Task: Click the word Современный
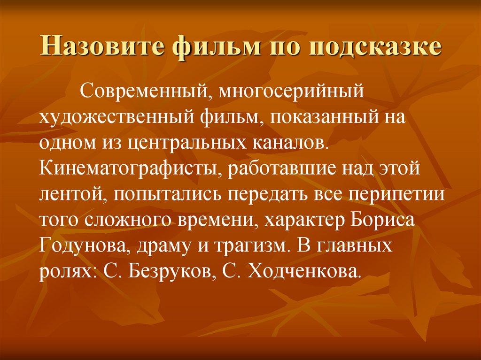point(141,90)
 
